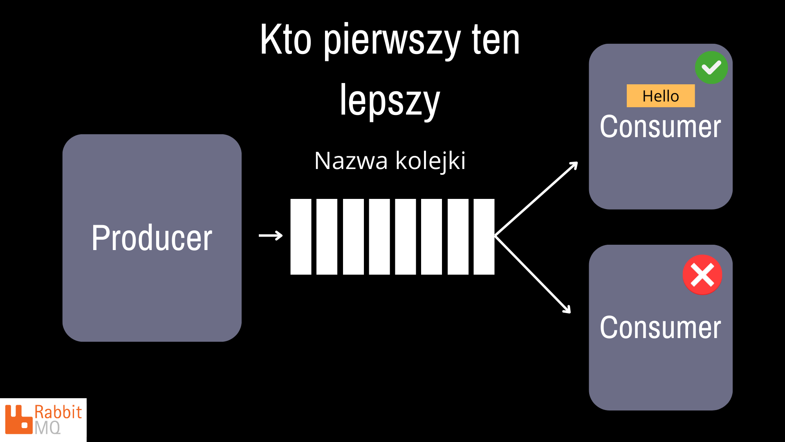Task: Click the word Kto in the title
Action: [286, 40]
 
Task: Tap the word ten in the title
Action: [496, 40]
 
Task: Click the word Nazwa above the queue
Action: [351, 161]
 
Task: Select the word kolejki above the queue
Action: [431, 161]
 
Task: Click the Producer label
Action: [152, 238]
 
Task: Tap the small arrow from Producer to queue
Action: [271, 235]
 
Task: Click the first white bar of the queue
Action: [301, 237]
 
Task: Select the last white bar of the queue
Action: [484, 237]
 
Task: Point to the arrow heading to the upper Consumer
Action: [536, 198]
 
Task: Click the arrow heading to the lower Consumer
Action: [532, 274]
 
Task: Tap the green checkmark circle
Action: [711, 68]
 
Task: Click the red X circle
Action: [702, 275]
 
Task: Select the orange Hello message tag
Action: [661, 96]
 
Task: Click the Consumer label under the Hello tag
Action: [660, 127]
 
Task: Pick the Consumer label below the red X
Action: [660, 328]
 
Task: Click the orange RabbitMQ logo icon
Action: [18, 419]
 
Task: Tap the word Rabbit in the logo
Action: [58, 412]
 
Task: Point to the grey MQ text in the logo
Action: [47, 428]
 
